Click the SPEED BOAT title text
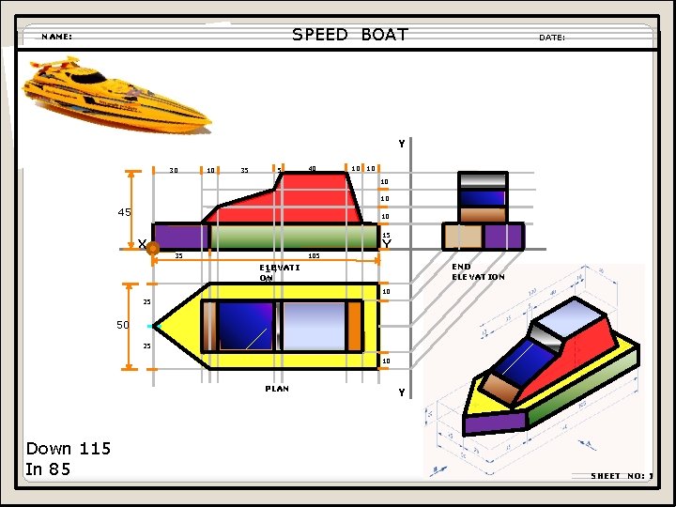click(x=349, y=35)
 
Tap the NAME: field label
click(x=56, y=37)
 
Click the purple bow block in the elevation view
click(x=178, y=237)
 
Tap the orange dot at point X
click(x=153, y=250)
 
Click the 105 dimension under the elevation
click(x=314, y=255)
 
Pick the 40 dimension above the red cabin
click(x=312, y=169)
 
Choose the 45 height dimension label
click(x=124, y=212)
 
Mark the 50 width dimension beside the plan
click(x=122, y=325)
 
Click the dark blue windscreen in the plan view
click(x=246, y=326)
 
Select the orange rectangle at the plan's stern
click(x=354, y=325)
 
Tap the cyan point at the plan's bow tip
click(x=150, y=326)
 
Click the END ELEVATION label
click(x=478, y=271)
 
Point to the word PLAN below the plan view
click(x=277, y=388)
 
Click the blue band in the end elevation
click(x=481, y=198)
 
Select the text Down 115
click(x=68, y=449)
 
